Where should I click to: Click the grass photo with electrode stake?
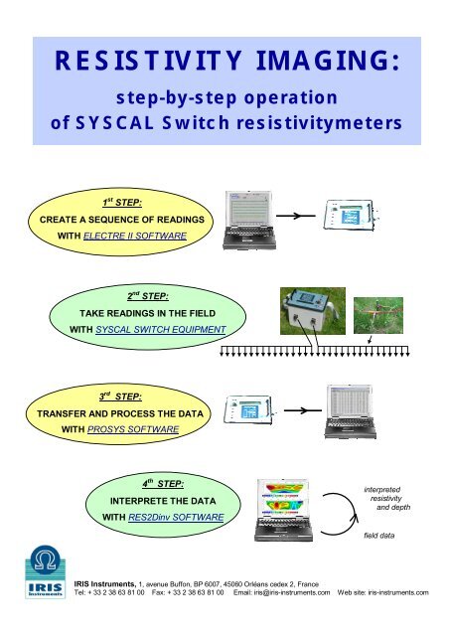point(375,312)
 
